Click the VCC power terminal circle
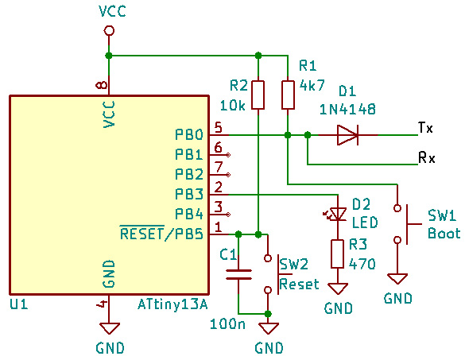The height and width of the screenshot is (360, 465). click(109, 30)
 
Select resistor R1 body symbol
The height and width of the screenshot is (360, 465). click(288, 95)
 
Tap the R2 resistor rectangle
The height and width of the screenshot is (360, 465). click(258, 95)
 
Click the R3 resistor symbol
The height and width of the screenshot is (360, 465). click(338, 254)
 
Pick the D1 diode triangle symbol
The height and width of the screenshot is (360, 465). click(347, 135)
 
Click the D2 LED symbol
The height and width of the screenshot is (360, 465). click(337, 214)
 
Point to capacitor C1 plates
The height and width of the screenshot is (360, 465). click(238, 275)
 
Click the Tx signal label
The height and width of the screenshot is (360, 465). click(425, 128)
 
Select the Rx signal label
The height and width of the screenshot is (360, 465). click(426, 157)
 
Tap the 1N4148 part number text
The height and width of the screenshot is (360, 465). click(347, 110)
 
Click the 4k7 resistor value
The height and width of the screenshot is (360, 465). click(312, 85)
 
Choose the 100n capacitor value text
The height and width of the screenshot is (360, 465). click(228, 323)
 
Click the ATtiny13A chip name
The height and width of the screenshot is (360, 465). click(172, 304)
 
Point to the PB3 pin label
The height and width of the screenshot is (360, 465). click(189, 194)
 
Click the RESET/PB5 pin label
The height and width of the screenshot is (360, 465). click(161, 233)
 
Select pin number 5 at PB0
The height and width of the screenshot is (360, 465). click(218, 127)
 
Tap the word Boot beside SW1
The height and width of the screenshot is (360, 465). click(444, 233)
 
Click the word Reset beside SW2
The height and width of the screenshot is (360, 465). click(299, 284)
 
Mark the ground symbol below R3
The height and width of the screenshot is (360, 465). click(338, 288)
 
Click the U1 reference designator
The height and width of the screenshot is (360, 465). click(19, 304)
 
